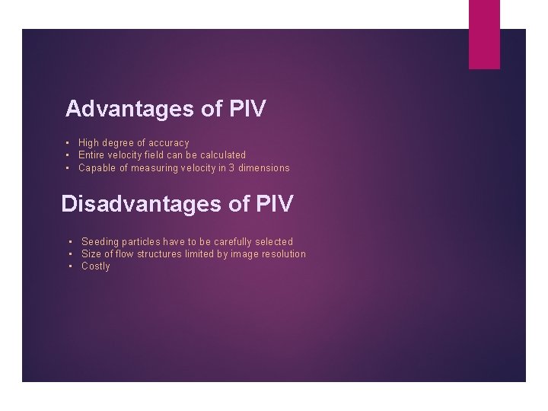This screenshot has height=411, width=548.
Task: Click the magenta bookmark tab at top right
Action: click(x=484, y=34)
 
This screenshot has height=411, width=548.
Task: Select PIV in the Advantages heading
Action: click(x=247, y=109)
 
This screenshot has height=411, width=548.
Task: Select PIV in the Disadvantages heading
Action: click(x=274, y=204)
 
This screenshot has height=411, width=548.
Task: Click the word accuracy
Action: click(x=168, y=143)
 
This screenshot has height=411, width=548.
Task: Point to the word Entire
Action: click(x=91, y=155)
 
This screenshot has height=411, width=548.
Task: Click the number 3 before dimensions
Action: click(x=232, y=167)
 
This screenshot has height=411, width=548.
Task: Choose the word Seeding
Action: click(x=99, y=242)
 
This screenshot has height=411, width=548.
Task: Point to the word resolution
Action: click(x=282, y=254)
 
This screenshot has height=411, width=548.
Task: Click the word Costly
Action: click(x=96, y=266)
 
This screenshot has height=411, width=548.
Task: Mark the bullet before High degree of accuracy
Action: click(x=68, y=143)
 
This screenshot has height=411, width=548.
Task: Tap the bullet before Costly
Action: click(x=71, y=266)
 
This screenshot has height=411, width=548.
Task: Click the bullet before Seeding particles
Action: click(x=71, y=242)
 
